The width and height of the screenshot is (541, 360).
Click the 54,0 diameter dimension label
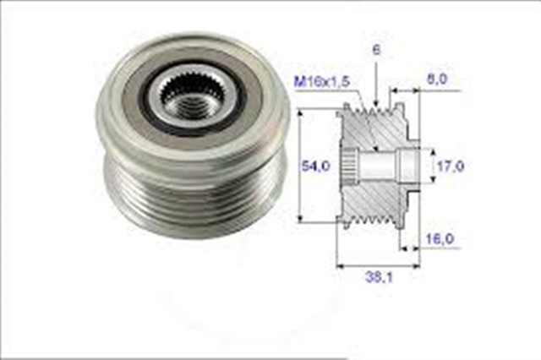click(x=315, y=166)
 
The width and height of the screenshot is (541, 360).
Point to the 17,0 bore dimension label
click(x=449, y=166)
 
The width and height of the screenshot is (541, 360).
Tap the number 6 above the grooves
click(x=375, y=50)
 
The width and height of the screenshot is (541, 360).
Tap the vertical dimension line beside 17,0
click(x=432, y=166)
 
